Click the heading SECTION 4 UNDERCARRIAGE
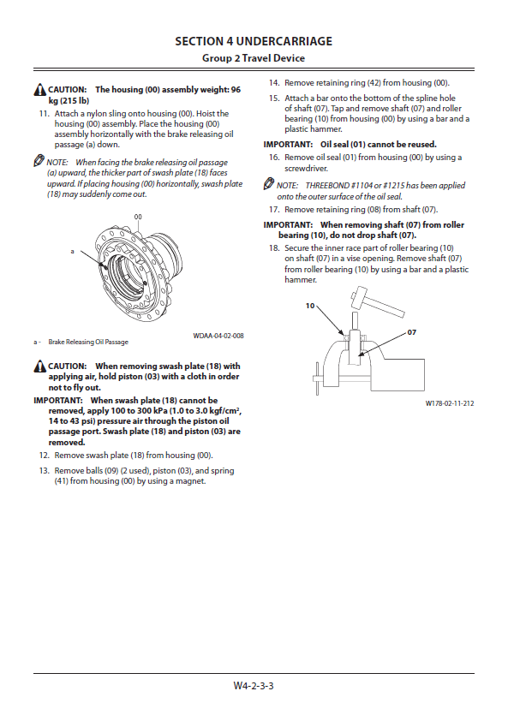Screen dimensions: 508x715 click(x=254, y=41)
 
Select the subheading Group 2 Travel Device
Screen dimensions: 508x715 click(x=254, y=58)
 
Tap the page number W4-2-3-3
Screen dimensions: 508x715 click(x=254, y=686)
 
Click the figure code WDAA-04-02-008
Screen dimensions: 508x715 click(x=218, y=336)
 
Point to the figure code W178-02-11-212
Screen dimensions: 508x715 click(x=450, y=403)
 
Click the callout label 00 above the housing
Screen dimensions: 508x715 click(x=138, y=217)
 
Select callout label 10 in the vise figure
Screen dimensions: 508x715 click(x=310, y=306)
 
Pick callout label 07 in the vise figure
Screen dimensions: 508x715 click(x=412, y=332)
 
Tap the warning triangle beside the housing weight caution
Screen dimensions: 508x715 click(x=40, y=90)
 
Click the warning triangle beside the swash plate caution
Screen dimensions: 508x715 click(x=40, y=366)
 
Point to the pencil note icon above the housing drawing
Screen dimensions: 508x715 click(x=39, y=161)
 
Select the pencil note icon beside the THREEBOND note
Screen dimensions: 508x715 click(x=269, y=184)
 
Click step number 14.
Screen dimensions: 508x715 click(x=273, y=83)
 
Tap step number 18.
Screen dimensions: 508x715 click(x=273, y=248)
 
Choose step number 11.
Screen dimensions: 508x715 click(x=44, y=114)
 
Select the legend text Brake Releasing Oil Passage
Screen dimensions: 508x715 click(x=88, y=342)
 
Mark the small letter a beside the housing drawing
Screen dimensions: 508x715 click(x=72, y=251)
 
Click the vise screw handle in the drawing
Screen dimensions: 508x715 click(x=318, y=378)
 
